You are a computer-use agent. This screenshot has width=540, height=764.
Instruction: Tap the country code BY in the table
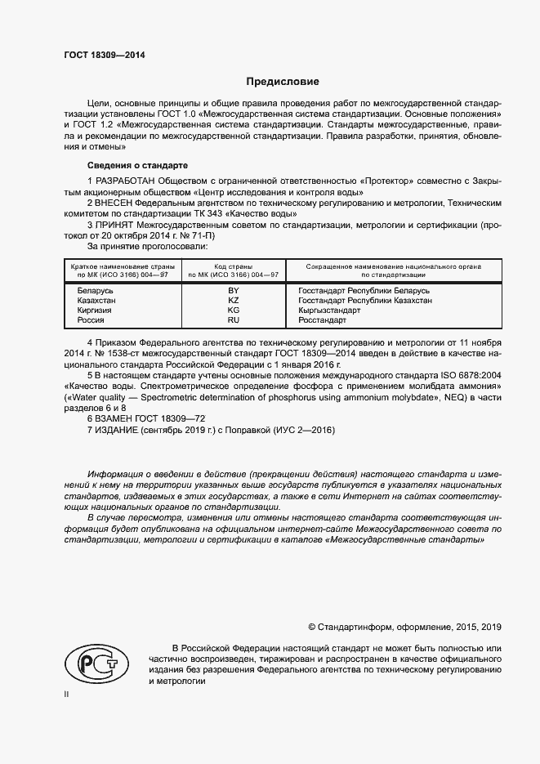(233, 291)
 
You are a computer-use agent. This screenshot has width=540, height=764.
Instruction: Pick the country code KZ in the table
(233, 301)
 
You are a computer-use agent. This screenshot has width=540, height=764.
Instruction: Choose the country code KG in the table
(233, 311)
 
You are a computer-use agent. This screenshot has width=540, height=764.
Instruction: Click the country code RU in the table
(233, 320)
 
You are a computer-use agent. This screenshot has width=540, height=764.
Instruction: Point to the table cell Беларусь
(96, 291)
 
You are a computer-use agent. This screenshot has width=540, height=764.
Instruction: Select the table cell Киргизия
(95, 311)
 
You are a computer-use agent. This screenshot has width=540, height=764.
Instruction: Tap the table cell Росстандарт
(324, 320)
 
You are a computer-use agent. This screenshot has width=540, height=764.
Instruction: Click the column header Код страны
(233, 266)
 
